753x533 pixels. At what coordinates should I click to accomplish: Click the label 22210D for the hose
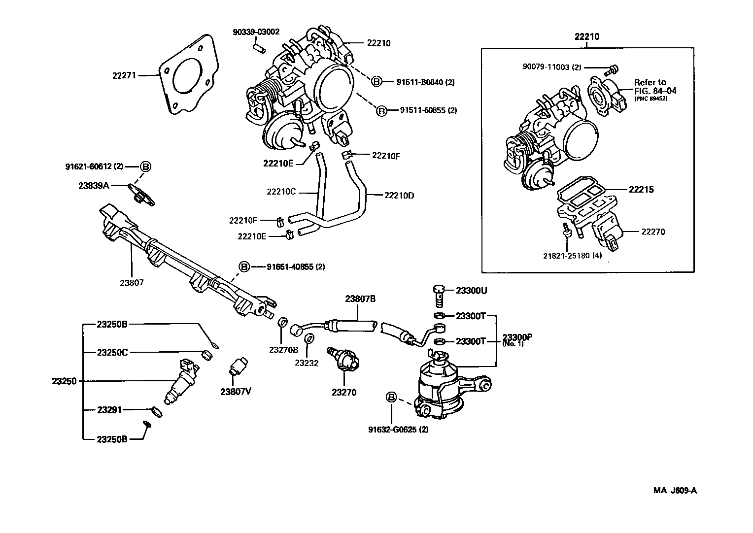[x=399, y=195]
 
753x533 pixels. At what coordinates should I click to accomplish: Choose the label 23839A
[x=94, y=186]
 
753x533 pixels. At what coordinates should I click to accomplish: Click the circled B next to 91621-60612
[x=145, y=167]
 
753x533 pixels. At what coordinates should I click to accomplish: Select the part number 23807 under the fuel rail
[x=132, y=283]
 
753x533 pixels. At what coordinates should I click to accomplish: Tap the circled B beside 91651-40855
[x=245, y=267]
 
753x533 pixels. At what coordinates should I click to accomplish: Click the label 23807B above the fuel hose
[x=360, y=299]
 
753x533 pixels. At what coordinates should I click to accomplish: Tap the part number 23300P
[x=517, y=337]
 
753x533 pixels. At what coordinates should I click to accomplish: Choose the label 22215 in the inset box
[x=641, y=190]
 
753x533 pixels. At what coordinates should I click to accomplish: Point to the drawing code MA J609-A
[x=675, y=490]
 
